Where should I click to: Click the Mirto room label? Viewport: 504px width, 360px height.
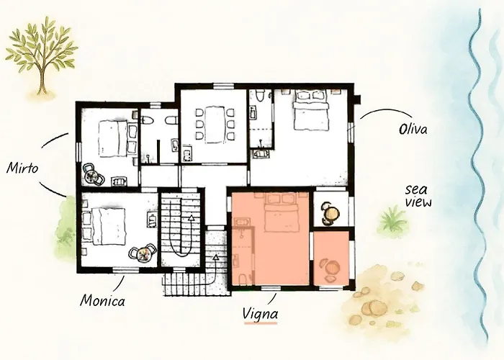point(22,168)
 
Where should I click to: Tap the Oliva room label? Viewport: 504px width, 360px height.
point(413,129)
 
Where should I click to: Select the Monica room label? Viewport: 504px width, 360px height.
point(102,301)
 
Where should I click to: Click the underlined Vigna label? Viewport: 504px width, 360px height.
point(261,313)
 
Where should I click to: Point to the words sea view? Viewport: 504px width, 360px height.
point(418,196)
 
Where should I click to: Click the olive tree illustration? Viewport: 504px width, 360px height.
point(42,55)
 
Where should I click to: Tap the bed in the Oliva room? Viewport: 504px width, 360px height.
point(311,109)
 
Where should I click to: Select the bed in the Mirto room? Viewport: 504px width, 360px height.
point(113,138)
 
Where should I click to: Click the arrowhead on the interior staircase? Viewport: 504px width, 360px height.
point(192,218)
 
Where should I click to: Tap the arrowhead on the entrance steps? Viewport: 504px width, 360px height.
point(216,257)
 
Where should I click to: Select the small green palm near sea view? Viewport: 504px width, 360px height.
point(393,219)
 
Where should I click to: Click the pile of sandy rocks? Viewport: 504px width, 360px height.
point(383,298)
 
